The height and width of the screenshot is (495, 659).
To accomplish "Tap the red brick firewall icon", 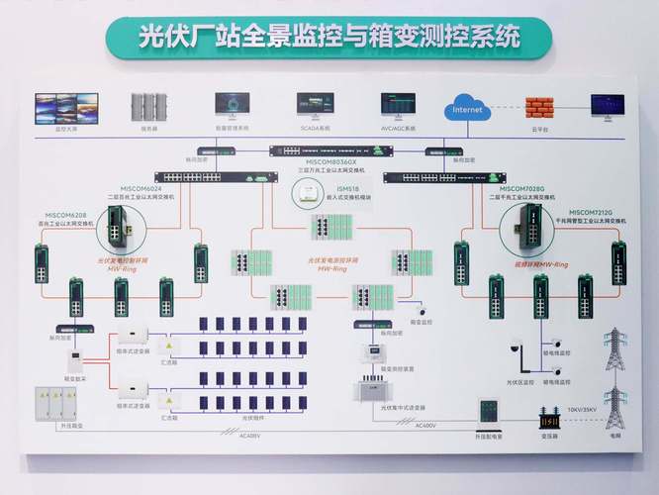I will coord(540,106).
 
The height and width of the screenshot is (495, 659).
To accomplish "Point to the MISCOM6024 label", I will coord(141,187).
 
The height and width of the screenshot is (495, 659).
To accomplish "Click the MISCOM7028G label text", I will coord(522,187).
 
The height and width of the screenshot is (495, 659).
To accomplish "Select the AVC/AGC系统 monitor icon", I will coord(399,106).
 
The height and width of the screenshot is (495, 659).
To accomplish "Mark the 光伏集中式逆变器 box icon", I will coord(371,388).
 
